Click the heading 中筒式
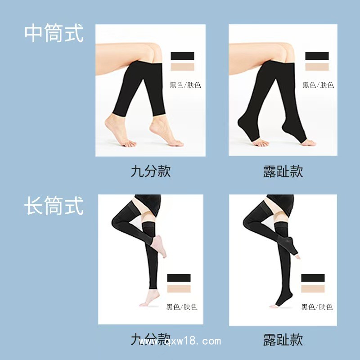tap(54, 33)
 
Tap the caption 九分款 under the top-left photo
tap(151, 171)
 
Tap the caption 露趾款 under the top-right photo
tap(283, 171)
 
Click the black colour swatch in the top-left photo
tap(182, 56)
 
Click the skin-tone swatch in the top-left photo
tap(182, 67)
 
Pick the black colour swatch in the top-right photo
tap(317, 56)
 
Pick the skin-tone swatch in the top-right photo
tap(317, 67)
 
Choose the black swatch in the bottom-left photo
tap(179, 278)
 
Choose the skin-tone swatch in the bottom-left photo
tap(179, 288)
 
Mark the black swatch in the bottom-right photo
tap(313, 278)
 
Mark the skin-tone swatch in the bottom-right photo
tap(313, 288)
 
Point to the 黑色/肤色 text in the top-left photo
tap(183, 85)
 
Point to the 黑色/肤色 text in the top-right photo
tap(318, 85)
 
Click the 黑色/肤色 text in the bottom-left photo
tap(181, 307)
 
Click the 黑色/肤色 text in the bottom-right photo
tap(316, 307)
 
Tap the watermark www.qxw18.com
tap(180, 341)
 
